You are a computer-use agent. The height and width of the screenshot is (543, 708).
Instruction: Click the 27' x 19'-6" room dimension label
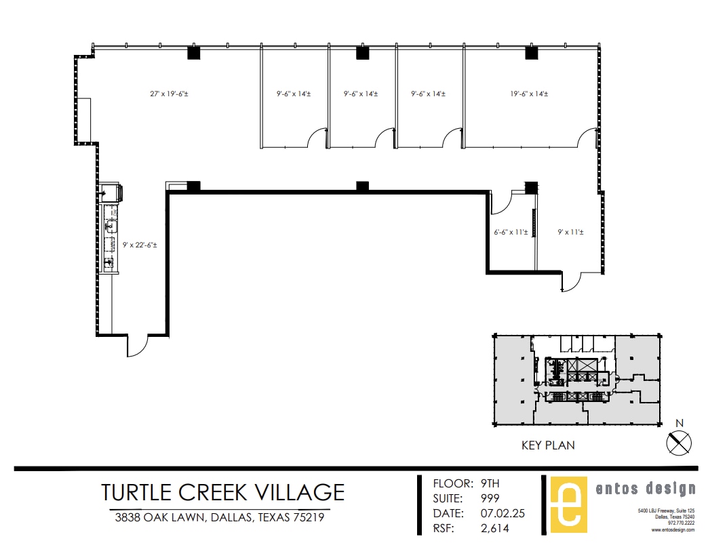tap(169, 94)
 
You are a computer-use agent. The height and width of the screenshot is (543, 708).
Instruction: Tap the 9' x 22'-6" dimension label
tap(140, 245)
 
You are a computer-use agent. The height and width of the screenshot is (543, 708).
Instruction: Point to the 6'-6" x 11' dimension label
tap(511, 232)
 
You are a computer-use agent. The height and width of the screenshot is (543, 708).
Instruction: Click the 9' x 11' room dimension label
tap(570, 232)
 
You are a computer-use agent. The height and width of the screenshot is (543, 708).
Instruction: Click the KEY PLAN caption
tap(548, 445)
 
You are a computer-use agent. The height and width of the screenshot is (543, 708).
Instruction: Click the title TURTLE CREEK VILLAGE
tap(222, 491)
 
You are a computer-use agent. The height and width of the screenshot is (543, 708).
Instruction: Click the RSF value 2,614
tap(494, 528)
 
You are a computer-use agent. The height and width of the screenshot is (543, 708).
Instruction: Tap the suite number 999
tap(490, 498)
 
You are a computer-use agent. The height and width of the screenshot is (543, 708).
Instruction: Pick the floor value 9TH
tap(490, 483)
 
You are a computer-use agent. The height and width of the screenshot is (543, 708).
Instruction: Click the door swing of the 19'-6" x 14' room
tap(587, 138)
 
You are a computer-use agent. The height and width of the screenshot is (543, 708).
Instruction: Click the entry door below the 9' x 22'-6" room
tap(136, 346)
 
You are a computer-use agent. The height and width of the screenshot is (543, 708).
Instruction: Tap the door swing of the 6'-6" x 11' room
tap(501, 201)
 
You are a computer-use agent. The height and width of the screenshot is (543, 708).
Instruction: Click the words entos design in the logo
tap(644, 489)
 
